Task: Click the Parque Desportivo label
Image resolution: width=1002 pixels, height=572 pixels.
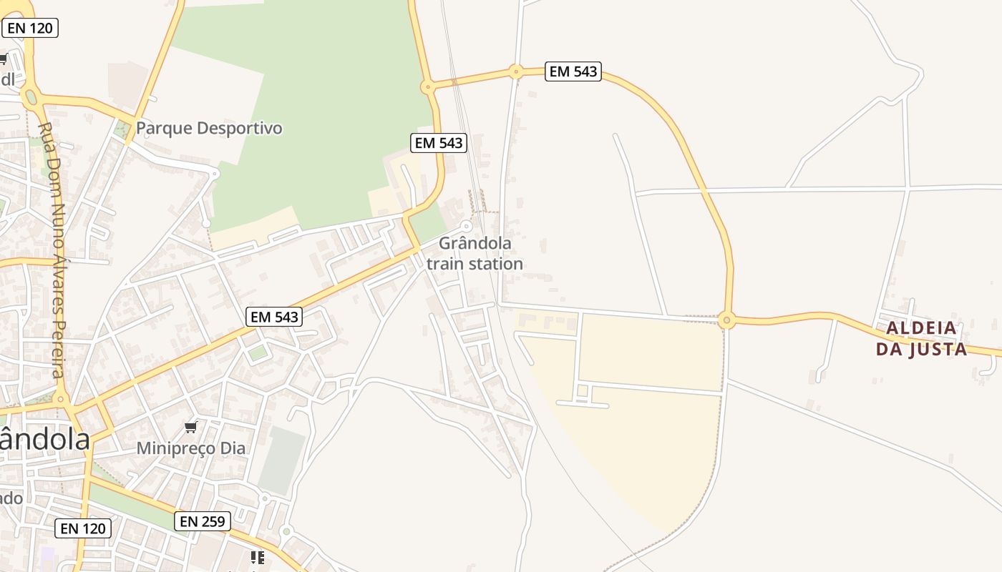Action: coord(209,129)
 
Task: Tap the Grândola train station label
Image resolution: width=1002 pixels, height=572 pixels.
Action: coord(475,254)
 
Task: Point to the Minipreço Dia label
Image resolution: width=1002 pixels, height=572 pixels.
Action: coord(191,448)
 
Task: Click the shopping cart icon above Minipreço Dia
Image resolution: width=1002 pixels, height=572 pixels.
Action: coord(190,428)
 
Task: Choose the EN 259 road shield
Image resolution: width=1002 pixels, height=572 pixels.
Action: coord(203,521)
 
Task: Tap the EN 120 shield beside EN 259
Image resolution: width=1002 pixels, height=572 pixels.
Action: coord(83,528)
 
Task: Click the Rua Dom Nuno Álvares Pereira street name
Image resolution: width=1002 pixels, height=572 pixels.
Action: coord(53,250)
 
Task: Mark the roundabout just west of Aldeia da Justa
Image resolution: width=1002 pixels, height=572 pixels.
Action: coord(727,320)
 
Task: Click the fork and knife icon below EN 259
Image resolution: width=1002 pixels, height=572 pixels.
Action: coord(257,557)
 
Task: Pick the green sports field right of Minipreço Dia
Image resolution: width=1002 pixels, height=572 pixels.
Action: coord(282,460)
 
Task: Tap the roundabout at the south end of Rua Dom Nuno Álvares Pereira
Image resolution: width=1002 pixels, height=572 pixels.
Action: coord(61,399)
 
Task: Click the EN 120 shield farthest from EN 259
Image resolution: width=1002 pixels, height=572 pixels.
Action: coord(31,28)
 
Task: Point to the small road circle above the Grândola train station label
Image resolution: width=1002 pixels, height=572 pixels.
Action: coord(467,226)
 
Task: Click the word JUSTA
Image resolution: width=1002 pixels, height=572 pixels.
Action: coord(938,349)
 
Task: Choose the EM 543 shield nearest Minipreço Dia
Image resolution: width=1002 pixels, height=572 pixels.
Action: coord(274,317)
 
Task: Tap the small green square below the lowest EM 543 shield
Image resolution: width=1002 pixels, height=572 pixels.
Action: coord(257,352)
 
